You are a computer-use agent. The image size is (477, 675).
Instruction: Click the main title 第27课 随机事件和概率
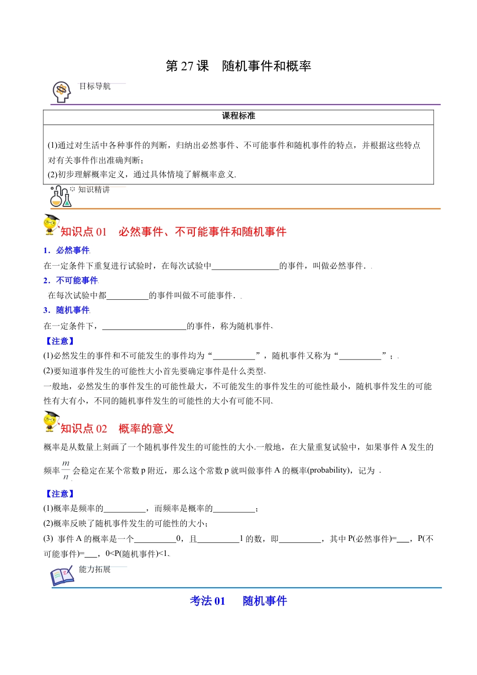238,66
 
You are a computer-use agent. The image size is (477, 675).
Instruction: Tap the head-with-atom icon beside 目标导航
62,92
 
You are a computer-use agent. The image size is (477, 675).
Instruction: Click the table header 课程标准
238,116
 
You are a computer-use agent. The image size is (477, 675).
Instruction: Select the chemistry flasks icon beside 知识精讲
61,196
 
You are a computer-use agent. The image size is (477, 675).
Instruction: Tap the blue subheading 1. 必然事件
67,250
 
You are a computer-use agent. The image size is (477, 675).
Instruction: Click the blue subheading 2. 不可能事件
71,280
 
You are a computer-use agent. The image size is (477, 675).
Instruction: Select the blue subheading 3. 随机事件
67,310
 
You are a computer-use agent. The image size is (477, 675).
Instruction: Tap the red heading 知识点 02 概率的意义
117,428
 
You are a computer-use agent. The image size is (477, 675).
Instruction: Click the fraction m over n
66,470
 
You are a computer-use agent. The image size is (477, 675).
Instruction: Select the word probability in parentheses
328,471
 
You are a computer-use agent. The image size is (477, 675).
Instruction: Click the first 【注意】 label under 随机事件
60,341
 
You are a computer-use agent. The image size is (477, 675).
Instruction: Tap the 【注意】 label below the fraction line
60,494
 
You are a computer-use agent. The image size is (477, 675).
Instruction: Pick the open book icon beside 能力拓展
62,577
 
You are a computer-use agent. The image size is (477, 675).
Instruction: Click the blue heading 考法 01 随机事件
238,601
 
